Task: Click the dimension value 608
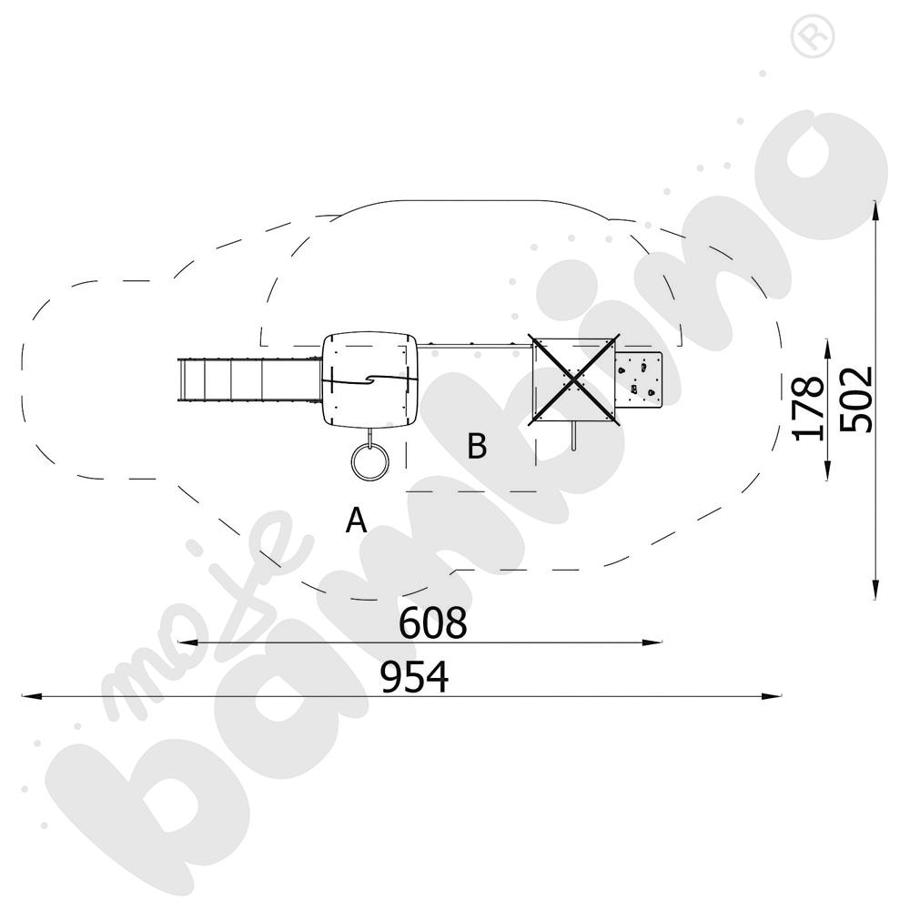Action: click(x=432, y=624)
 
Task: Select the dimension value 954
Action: click(x=415, y=678)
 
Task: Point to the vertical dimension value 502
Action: click(x=856, y=399)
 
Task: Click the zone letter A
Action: click(x=357, y=521)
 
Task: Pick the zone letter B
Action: click(x=477, y=447)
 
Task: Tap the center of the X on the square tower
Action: click(x=574, y=378)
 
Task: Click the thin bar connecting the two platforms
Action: click(x=474, y=345)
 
